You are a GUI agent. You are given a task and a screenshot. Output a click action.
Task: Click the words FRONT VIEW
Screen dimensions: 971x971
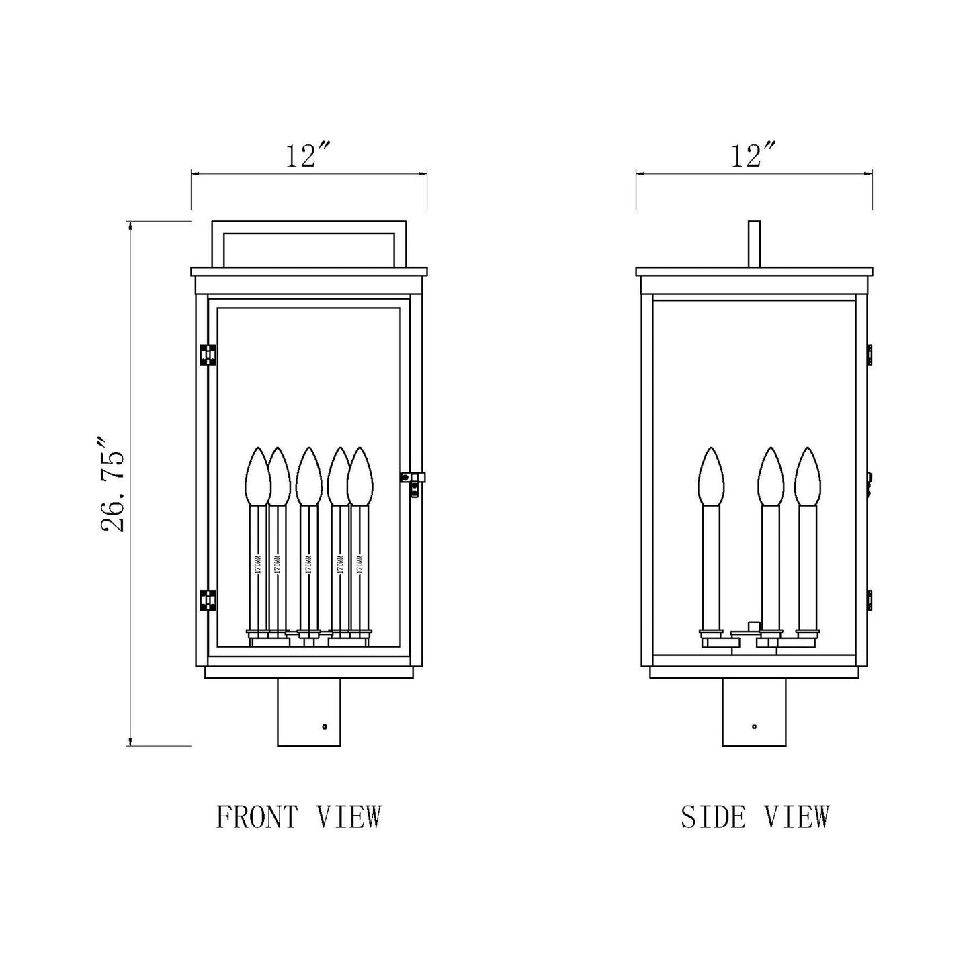(x=299, y=817)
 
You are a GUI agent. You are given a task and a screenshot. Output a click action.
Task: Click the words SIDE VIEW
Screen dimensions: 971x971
(x=755, y=817)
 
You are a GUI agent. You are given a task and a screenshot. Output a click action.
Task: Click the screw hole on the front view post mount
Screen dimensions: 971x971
(x=325, y=726)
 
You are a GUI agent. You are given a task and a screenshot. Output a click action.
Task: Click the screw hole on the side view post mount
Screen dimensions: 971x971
(x=755, y=726)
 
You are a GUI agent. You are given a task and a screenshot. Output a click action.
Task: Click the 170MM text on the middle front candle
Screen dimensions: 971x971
(x=308, y=563)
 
